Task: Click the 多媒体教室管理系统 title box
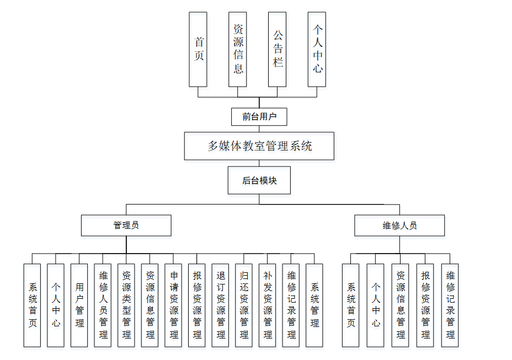click(259, 146)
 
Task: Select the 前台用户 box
click(259, 117)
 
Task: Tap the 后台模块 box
click(259, 181)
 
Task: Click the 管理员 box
click(126, 225)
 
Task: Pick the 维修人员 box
click(399, 225)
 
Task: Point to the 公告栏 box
click(278, 50)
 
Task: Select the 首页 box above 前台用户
click(198, 50)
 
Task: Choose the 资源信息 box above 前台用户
click(238, 50)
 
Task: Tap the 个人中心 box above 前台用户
click(317, 50)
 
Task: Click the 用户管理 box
click(79, 305)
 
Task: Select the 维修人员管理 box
click(103, 305)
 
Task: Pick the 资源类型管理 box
click(126, 305)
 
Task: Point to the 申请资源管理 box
click(173, 305)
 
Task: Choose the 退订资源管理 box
click(221, 305)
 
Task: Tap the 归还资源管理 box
click(244, 305)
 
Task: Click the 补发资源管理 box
click(268, 305)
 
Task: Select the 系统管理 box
click(314, 305)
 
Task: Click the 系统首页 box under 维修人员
click(350, 305)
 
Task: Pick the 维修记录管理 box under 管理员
click(291, 305)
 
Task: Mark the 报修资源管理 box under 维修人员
click(425, 305)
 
